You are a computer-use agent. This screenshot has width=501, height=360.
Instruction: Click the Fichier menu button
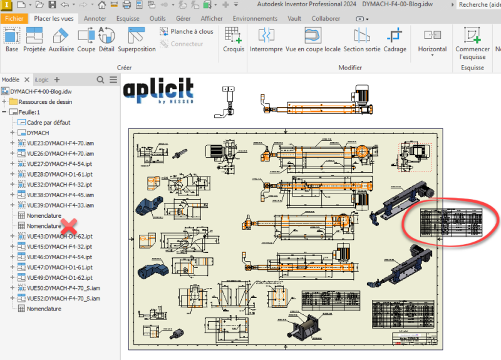(x=14, y=19)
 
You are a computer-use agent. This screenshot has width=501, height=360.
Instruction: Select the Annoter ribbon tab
(x=95, y=19)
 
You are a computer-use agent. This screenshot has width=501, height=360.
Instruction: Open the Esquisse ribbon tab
(x=127, y=19)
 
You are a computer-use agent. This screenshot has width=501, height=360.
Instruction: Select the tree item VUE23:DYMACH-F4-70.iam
(x=60, y=143)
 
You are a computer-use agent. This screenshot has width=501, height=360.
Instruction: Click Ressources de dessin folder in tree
(x=45, y=102)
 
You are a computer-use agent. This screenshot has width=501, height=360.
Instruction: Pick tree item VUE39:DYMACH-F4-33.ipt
(x=59, y=205)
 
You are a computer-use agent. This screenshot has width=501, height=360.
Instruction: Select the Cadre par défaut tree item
(x=49, y=123)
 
